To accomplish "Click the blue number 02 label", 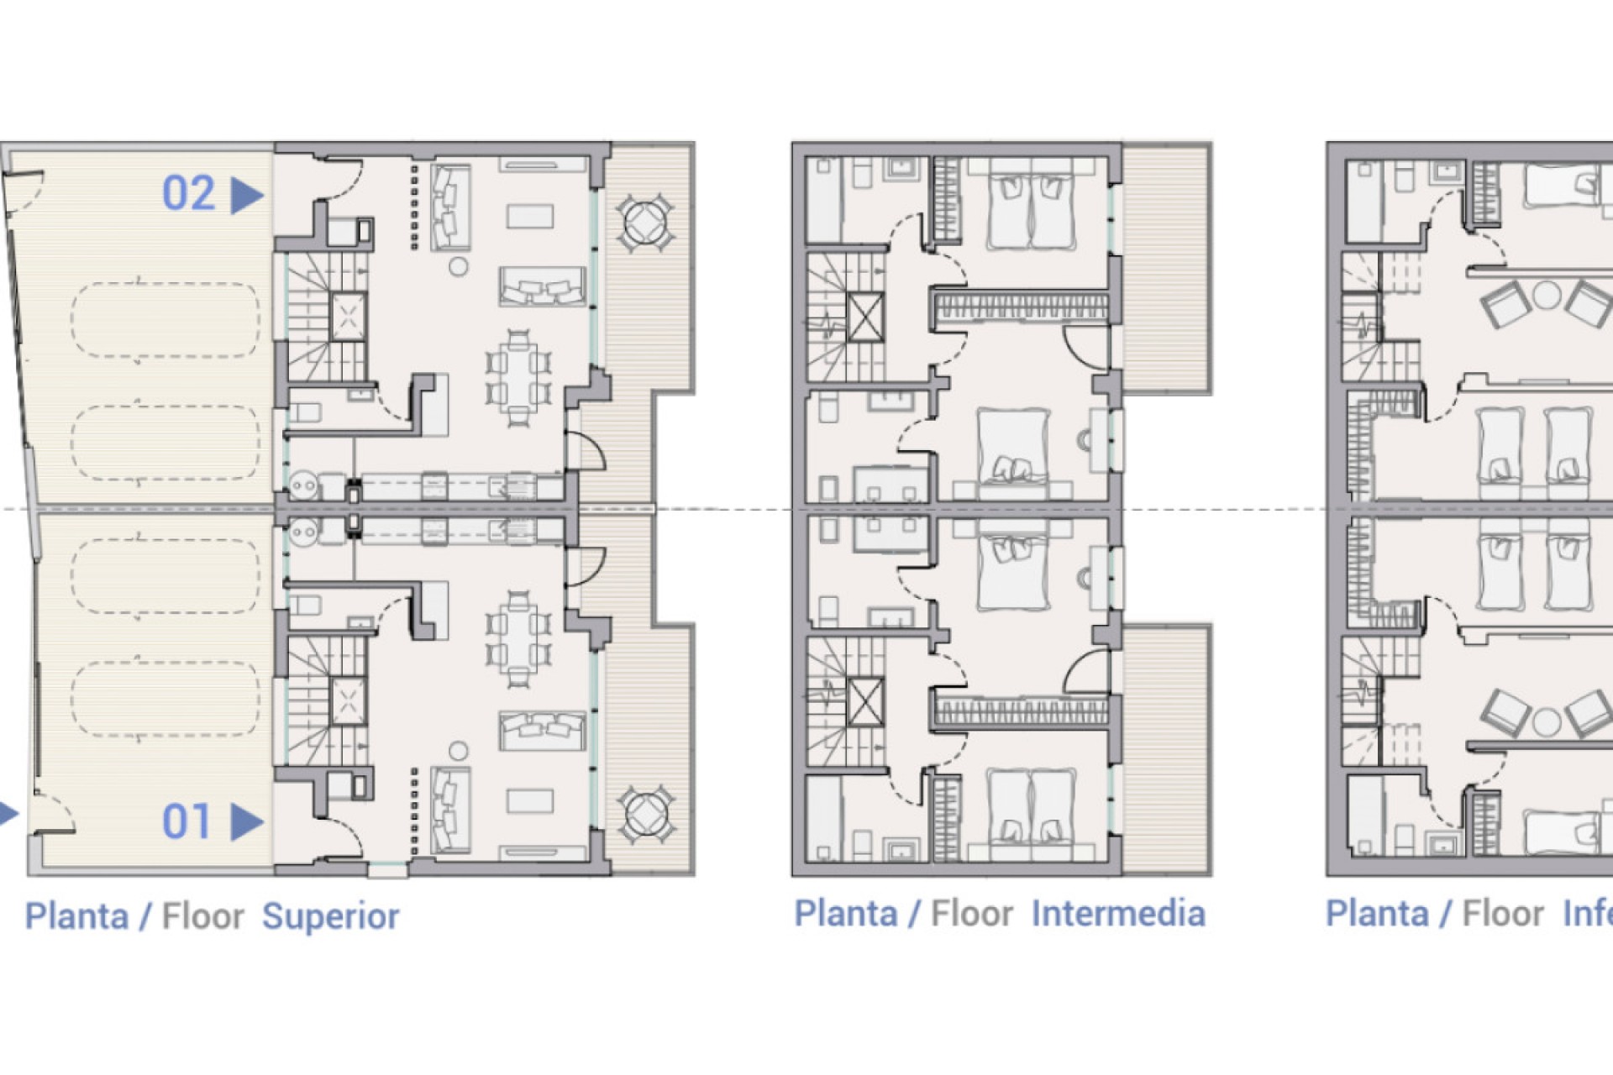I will [x=188, y=193].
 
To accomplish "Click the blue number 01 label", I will [x=187, y=821].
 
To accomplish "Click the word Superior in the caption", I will [x=330, y=916].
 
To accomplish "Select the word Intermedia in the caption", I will [x=1117, y=914].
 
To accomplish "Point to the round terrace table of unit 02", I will [x=645, y=223].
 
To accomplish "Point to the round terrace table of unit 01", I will [x=645, y=813].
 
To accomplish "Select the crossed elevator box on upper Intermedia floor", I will [x=864, y=317].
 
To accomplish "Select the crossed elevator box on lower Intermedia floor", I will [x=864, y=702].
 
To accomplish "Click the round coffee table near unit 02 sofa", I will [x=458, y=267].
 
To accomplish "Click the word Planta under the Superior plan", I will [x=76, y=916].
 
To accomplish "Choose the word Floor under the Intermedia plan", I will [x=972, y=914].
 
